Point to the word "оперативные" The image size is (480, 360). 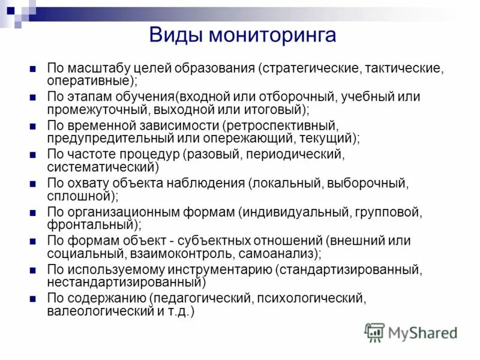89,79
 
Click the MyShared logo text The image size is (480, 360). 422,332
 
